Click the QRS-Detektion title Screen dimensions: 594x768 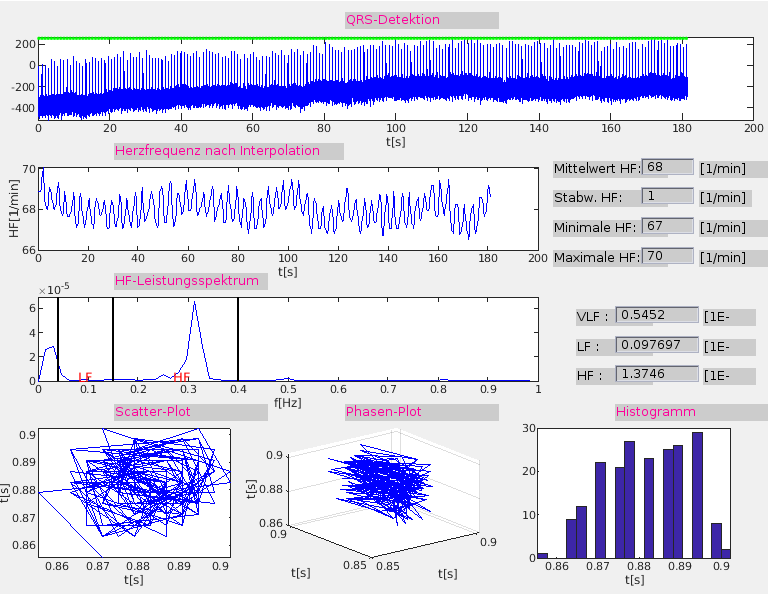click(393, 19)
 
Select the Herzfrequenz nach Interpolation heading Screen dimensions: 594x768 click(217, 151)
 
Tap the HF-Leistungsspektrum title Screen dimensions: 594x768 click(187, 281)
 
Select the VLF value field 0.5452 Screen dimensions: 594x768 click(657, 315)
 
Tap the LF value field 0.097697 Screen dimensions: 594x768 click(657, 345)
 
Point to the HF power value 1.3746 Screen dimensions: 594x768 click(657, 375)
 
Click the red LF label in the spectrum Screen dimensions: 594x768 click(85, 377)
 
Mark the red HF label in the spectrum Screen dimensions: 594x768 click(181, 377)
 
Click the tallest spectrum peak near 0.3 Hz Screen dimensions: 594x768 click(194, 303)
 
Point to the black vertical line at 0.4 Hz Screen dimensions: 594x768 click(238, 340)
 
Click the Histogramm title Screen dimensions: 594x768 click(656, 412)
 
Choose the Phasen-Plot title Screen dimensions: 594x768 click(380, 412)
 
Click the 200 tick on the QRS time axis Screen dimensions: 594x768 click(754, 128)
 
